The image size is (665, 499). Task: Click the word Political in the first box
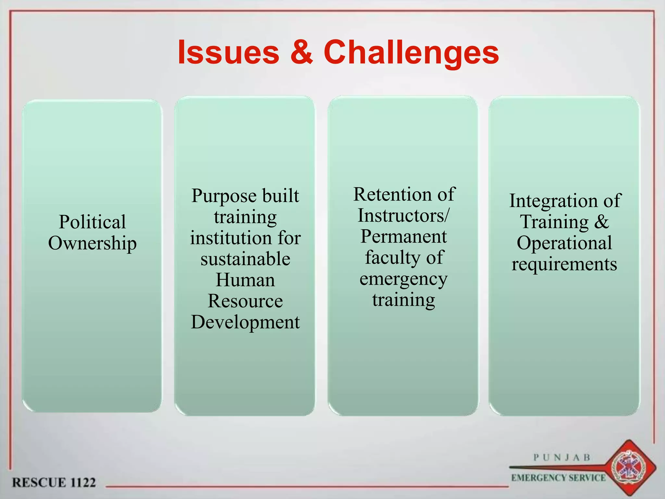pos(92,222)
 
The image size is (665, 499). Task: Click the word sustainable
pos(245,259)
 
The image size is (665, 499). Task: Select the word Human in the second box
pos(245,280)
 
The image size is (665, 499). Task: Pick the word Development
pos(245,322)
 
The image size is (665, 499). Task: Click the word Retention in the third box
pos(392,194)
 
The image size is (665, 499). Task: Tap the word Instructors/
pos(404,215)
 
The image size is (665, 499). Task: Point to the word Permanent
pos(404,236)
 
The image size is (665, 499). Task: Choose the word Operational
pos(564,243)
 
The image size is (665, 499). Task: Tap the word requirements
pos(564,264)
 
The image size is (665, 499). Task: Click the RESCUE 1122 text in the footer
pos(54,482)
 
